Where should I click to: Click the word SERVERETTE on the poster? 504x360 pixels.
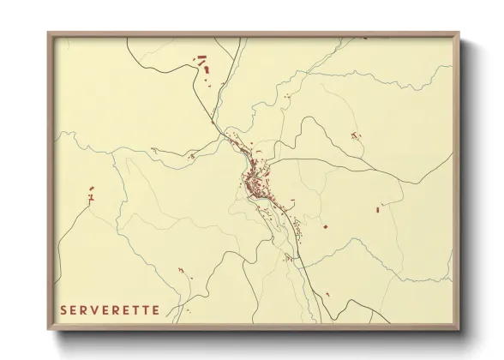point(110,310)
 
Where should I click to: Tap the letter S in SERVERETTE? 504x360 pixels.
point(63,310)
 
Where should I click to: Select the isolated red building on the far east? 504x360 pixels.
point(378,207)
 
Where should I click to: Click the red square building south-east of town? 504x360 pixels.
point(326,226)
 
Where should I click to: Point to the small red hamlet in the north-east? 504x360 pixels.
point(354,135)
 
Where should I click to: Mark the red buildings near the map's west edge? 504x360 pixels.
point(90,196)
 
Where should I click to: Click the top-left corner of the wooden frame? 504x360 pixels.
point(49,34)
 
